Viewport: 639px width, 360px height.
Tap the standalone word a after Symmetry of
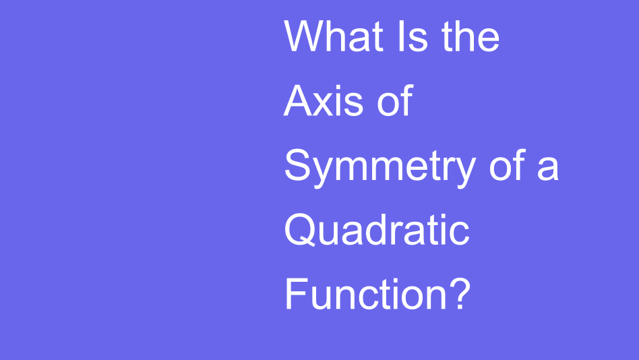click(x=548, y=167)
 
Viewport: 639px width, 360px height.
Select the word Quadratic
click(x=377, y=231)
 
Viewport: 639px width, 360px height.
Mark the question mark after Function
click(x=458, y=295)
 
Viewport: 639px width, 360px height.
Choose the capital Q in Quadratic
click(x=300, y=231)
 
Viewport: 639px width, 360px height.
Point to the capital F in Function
click(x=295, y=295)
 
